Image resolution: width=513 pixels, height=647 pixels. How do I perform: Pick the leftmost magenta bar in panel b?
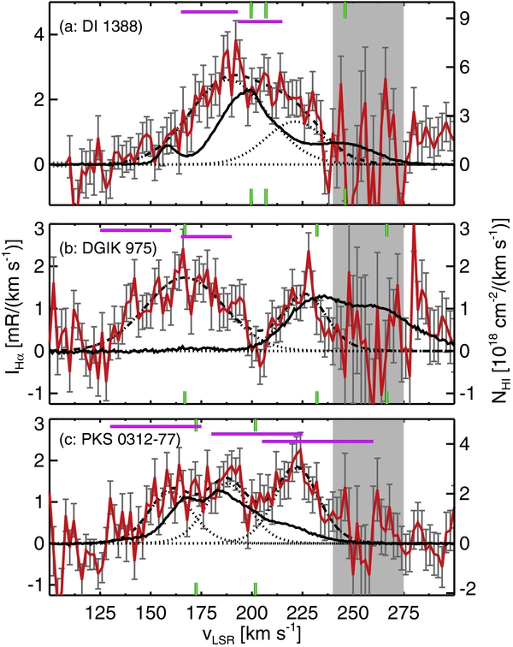[135, 229]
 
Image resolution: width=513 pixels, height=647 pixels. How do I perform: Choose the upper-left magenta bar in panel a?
[209, 12]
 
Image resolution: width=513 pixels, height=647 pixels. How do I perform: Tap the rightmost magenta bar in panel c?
[317, 441]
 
